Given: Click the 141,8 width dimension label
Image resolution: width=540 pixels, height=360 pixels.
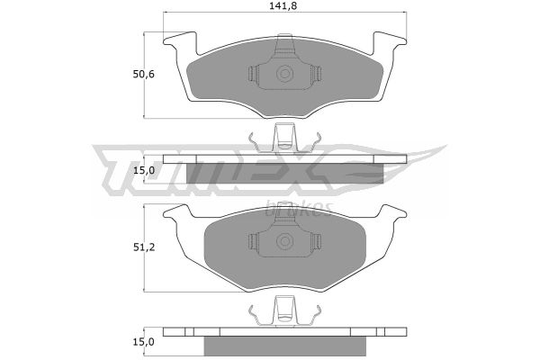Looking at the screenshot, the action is coord(284,6).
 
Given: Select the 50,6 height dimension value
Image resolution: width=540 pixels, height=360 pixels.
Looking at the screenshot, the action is coord(144,75).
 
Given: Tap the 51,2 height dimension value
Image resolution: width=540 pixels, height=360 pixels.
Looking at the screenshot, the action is coord(144,247).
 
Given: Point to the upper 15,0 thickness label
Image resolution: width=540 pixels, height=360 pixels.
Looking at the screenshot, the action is coord(144,170).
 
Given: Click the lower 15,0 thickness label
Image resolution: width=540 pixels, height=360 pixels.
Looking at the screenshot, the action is coord(144,342).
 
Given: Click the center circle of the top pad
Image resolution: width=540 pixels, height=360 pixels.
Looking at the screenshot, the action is coord(284,74).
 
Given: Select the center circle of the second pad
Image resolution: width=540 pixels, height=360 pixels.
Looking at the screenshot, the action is coord(284,241).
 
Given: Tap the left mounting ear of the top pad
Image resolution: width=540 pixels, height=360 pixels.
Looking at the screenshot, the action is coord(180,42).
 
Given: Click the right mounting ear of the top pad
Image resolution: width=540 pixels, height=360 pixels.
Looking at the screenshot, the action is coord(390,42).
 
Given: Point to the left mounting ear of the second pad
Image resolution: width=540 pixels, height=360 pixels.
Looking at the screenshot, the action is coord(177,211).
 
